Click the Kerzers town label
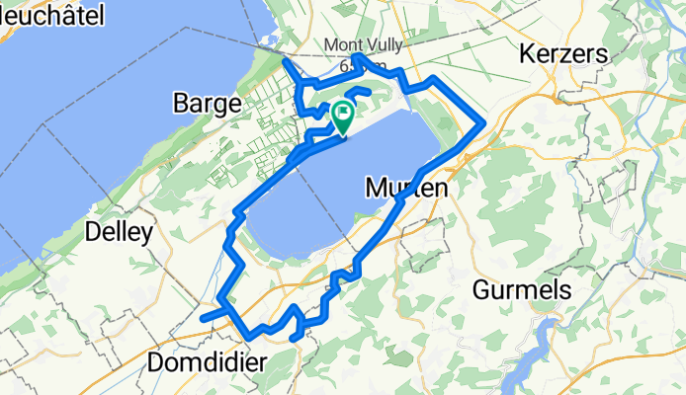[560, 55]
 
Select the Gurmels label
[523, 290]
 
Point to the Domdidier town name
[207, 362]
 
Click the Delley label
[120, 233]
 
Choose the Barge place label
[208, 102]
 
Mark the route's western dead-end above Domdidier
[203, 319]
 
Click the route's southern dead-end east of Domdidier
[296, 340]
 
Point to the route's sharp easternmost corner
[482, 124]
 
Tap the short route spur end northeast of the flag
[369, 93]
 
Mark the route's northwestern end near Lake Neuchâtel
[286, 62]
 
